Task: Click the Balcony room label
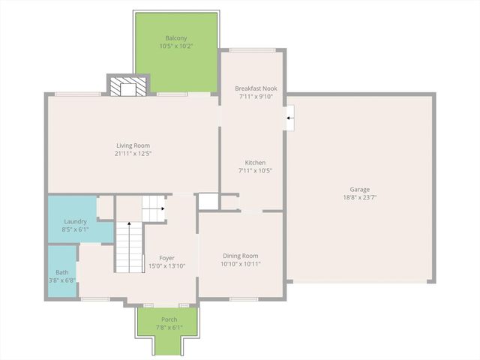click(176, 38)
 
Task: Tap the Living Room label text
click(133, 145)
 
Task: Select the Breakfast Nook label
click(256, 88)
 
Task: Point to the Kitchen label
click(255, 163)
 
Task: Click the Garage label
click(359, 190)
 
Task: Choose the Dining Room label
click(240, 256)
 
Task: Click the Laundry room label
click(75, 222)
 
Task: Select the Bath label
click(61, 273)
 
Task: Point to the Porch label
click(169, 319)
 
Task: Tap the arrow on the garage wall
click(289, 117)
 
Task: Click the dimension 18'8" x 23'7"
click(359, 198)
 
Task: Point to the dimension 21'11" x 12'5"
click(133, 154)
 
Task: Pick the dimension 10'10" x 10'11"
click(240, 264)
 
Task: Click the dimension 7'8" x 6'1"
click(169, 327)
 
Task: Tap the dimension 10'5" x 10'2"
click(176, 46)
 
